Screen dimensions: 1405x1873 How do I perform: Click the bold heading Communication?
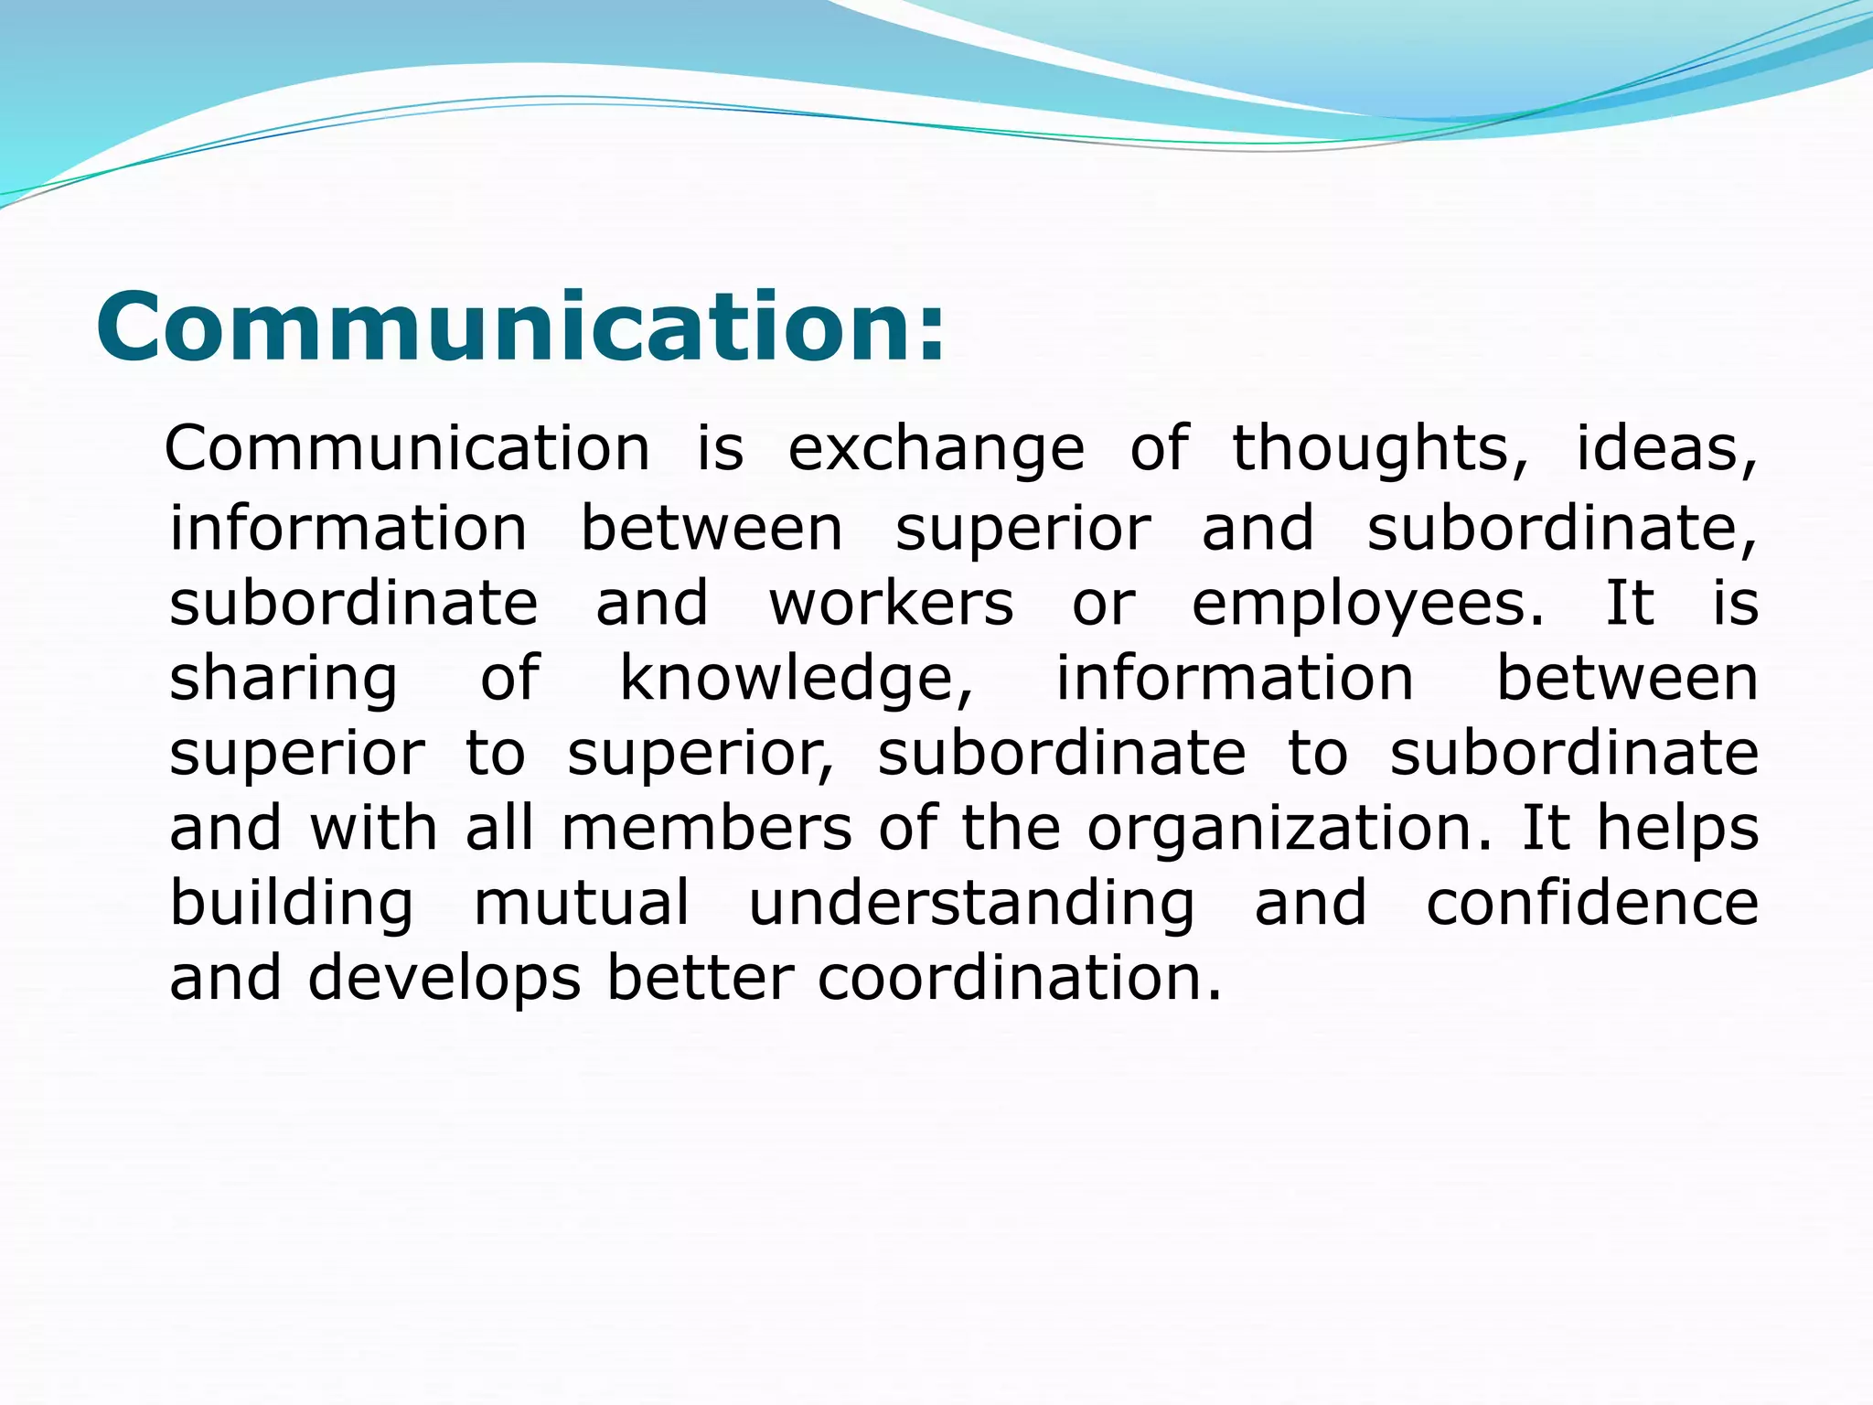pos(519,327)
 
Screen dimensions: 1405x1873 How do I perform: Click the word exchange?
pos(936,450)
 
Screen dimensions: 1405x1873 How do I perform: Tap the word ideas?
pos(1664,450)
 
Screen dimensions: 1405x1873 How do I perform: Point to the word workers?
pos(892,604)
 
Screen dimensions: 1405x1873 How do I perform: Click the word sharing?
pos(284,680)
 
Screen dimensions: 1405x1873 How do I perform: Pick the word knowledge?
pos(796,680)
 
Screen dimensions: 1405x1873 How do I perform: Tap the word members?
pos(706,829)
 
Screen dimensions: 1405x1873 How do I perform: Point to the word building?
pos(292,905)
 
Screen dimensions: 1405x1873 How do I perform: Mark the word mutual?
pos(582,904)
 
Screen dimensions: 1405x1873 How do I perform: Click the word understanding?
pos(971,905)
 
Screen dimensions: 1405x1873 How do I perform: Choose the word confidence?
pos(1592,904)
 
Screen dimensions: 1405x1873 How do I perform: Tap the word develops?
pos(444,979)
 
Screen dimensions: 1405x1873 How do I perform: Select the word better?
pos(700,979)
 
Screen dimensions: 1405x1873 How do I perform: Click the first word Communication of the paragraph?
pos(407,449)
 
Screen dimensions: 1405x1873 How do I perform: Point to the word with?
pos(373,829)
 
